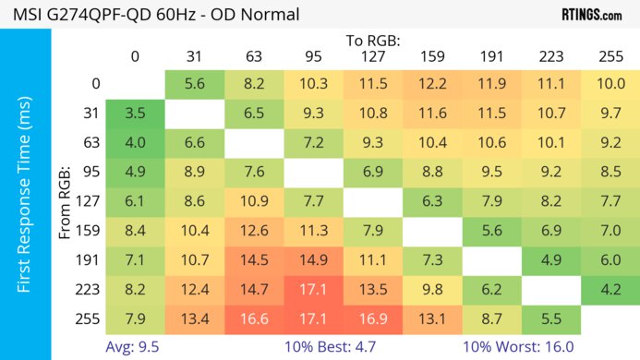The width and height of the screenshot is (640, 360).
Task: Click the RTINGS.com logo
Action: click(x=591, y=15)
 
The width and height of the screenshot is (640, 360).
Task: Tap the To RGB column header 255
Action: click(x=610, y=56)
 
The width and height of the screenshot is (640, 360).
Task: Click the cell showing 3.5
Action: click(x=135, y=114)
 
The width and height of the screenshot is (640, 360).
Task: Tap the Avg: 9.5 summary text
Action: click(x=135, y=348)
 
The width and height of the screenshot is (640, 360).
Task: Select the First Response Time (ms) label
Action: click(x=25, y=198)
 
